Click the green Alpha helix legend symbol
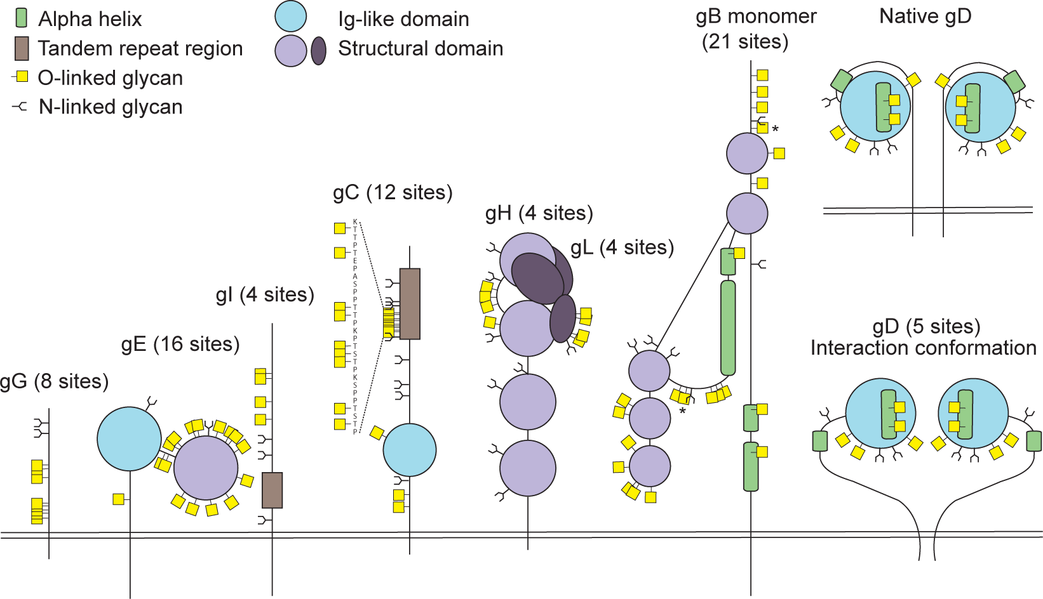(21, 18)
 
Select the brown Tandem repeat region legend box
(22, 48)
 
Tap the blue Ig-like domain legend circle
(291, 16)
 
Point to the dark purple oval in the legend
(318, 51)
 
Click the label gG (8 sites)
(54, 382)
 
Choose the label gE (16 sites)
(180, 345)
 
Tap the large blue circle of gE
(129, 438)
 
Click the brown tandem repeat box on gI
(272, 490)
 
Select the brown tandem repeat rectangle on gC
(410, 304)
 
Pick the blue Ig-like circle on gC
(410, 450)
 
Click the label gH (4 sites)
(539, 213)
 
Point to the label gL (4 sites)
(622, 247)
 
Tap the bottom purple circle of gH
(528, 468)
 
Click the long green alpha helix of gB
(728, 328)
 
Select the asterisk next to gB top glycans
(775, 129)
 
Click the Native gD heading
(925, 16)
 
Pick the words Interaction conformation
(923, 348)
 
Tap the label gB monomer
(756, 16)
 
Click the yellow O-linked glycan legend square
(22, 77)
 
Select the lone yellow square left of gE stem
(118, 499)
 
